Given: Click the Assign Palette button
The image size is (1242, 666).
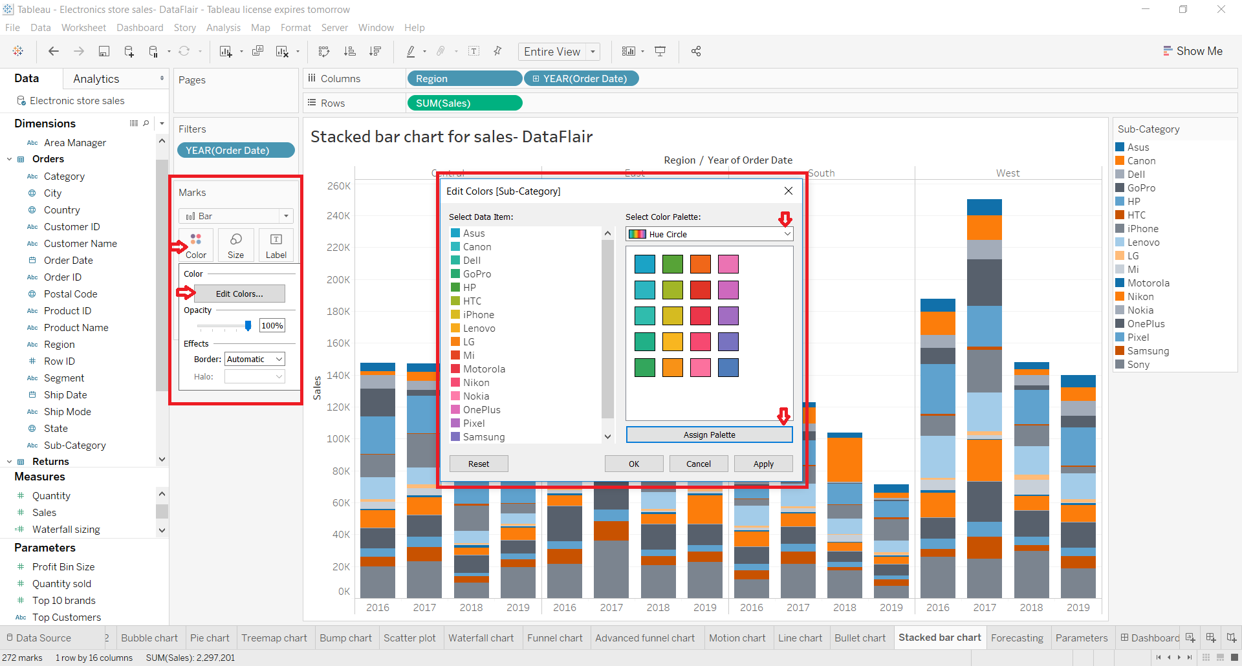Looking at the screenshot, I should (709, 435).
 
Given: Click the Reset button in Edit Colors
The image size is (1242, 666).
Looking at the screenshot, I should (479, 464).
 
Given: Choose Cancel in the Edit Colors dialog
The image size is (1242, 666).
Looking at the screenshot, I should (698, 464).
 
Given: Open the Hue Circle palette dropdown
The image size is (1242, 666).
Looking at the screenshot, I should (709, 234).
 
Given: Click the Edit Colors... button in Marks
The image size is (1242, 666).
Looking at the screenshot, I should (239, 294).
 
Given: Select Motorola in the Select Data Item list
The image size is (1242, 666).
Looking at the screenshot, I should (484, 369).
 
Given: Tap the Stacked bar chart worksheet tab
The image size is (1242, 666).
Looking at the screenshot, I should (939, 638).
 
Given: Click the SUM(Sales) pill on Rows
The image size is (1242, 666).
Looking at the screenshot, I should (464, 103).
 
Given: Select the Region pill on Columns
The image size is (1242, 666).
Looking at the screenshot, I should (464, 79).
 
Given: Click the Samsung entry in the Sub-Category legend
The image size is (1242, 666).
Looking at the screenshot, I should (1148, 351).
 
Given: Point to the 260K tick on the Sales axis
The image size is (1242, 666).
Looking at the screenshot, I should (339, 186).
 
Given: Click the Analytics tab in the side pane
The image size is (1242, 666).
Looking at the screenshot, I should (96, 79).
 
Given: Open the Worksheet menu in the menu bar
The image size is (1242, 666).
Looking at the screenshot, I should (83, 28).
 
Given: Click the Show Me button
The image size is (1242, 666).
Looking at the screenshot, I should (1193, 51).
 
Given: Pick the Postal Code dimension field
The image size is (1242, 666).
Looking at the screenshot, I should (71, 294).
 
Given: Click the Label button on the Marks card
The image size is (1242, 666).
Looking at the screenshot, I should (276, 245).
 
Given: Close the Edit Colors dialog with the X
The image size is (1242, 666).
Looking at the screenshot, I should (788, 191).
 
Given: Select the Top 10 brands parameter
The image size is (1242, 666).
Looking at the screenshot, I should (64, 601).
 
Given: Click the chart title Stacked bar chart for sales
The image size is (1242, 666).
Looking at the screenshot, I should (452, 137).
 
